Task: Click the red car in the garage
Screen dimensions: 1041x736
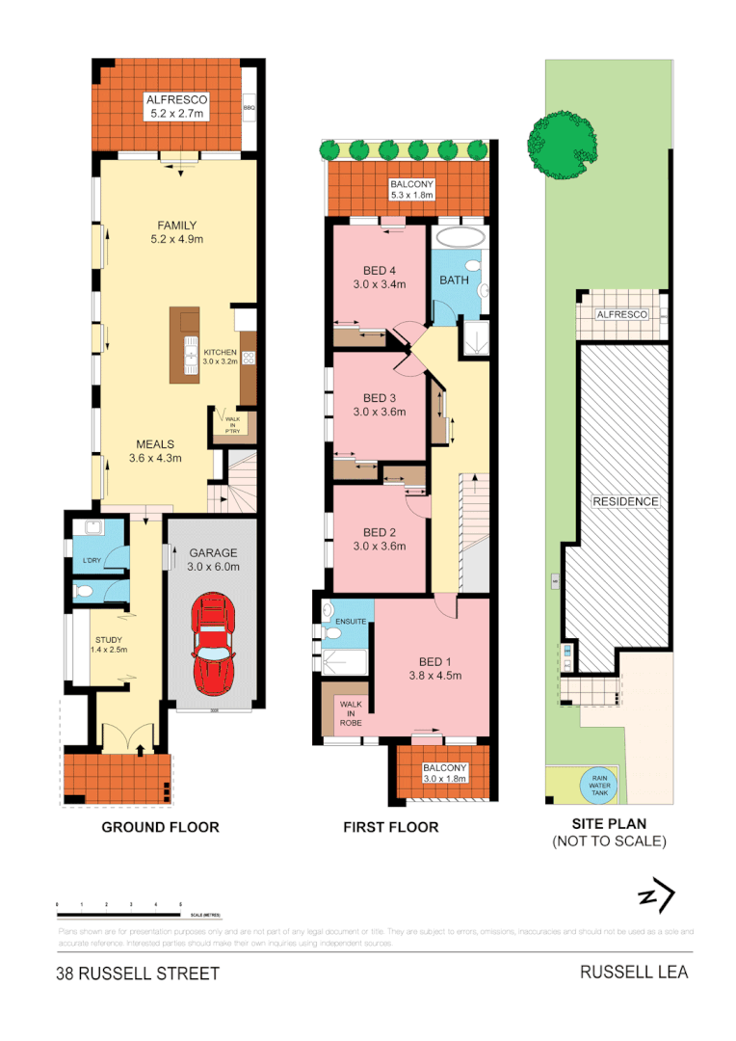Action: (x=212, y=643)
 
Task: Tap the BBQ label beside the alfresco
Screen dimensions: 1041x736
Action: (x=249, y=108)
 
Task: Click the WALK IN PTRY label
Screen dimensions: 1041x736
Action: (x=231, y=424)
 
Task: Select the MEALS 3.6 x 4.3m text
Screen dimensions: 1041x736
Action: (x=154, y=451)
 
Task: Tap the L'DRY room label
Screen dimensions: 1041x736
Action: (x=92, y=561)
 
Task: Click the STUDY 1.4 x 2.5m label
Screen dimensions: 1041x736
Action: (x=108, y=644)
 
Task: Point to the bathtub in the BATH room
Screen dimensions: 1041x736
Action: (x=460, y=237)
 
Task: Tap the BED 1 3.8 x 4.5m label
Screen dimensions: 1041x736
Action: (x=434, y=668)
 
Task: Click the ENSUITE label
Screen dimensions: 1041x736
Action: (x=352, y=622)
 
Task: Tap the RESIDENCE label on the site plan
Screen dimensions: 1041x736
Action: (x=624, y=501)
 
